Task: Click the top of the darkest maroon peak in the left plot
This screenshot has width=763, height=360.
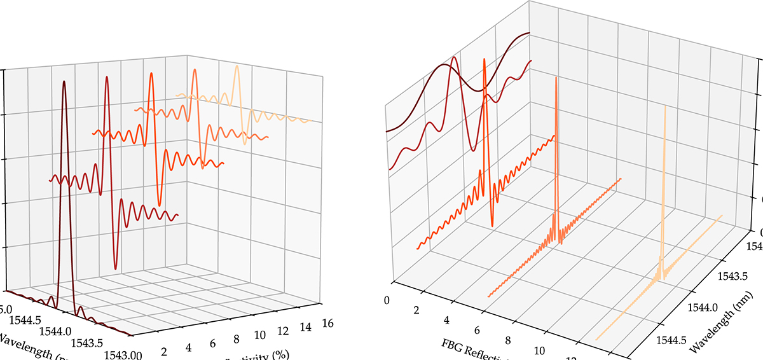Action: pos(63,82)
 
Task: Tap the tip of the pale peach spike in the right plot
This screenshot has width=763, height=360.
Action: pos(665,106)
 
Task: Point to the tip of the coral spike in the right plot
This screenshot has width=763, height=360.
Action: pos(556,77)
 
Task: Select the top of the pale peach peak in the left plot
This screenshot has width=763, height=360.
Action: pos(237,66)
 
